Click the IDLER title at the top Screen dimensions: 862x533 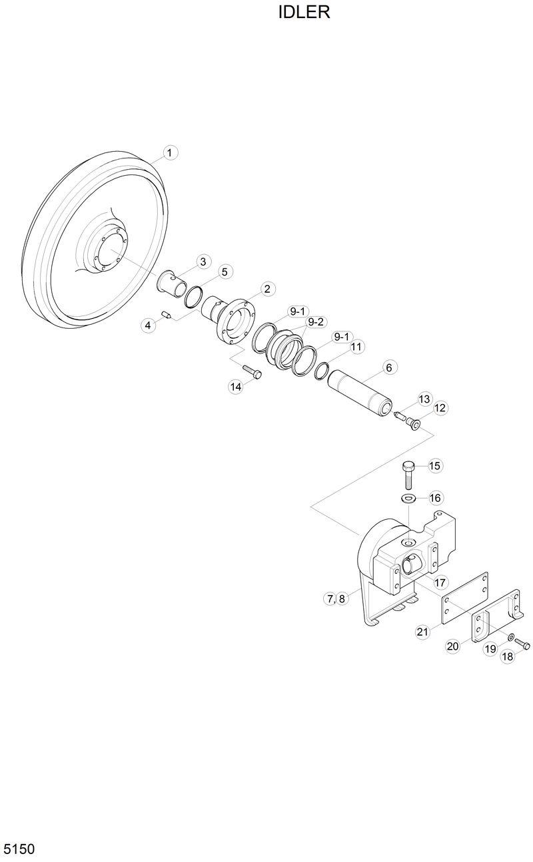point(304,13)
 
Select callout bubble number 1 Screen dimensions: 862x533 point(169,153)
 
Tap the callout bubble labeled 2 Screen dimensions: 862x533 point(266,289)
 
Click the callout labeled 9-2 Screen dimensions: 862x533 point(315,322)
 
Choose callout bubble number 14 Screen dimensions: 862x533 point(236,387)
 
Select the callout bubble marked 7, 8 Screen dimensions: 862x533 point(336,598)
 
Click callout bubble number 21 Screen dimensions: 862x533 point(422,632)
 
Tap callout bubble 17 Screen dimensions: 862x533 point(440,582)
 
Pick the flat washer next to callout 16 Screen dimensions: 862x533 point(408,499)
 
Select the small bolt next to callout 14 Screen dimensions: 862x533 point(253,371)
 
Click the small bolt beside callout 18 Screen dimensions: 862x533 point(522,644)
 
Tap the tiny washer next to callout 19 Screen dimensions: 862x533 point(510,638)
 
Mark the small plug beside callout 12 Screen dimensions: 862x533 point(414,423)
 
